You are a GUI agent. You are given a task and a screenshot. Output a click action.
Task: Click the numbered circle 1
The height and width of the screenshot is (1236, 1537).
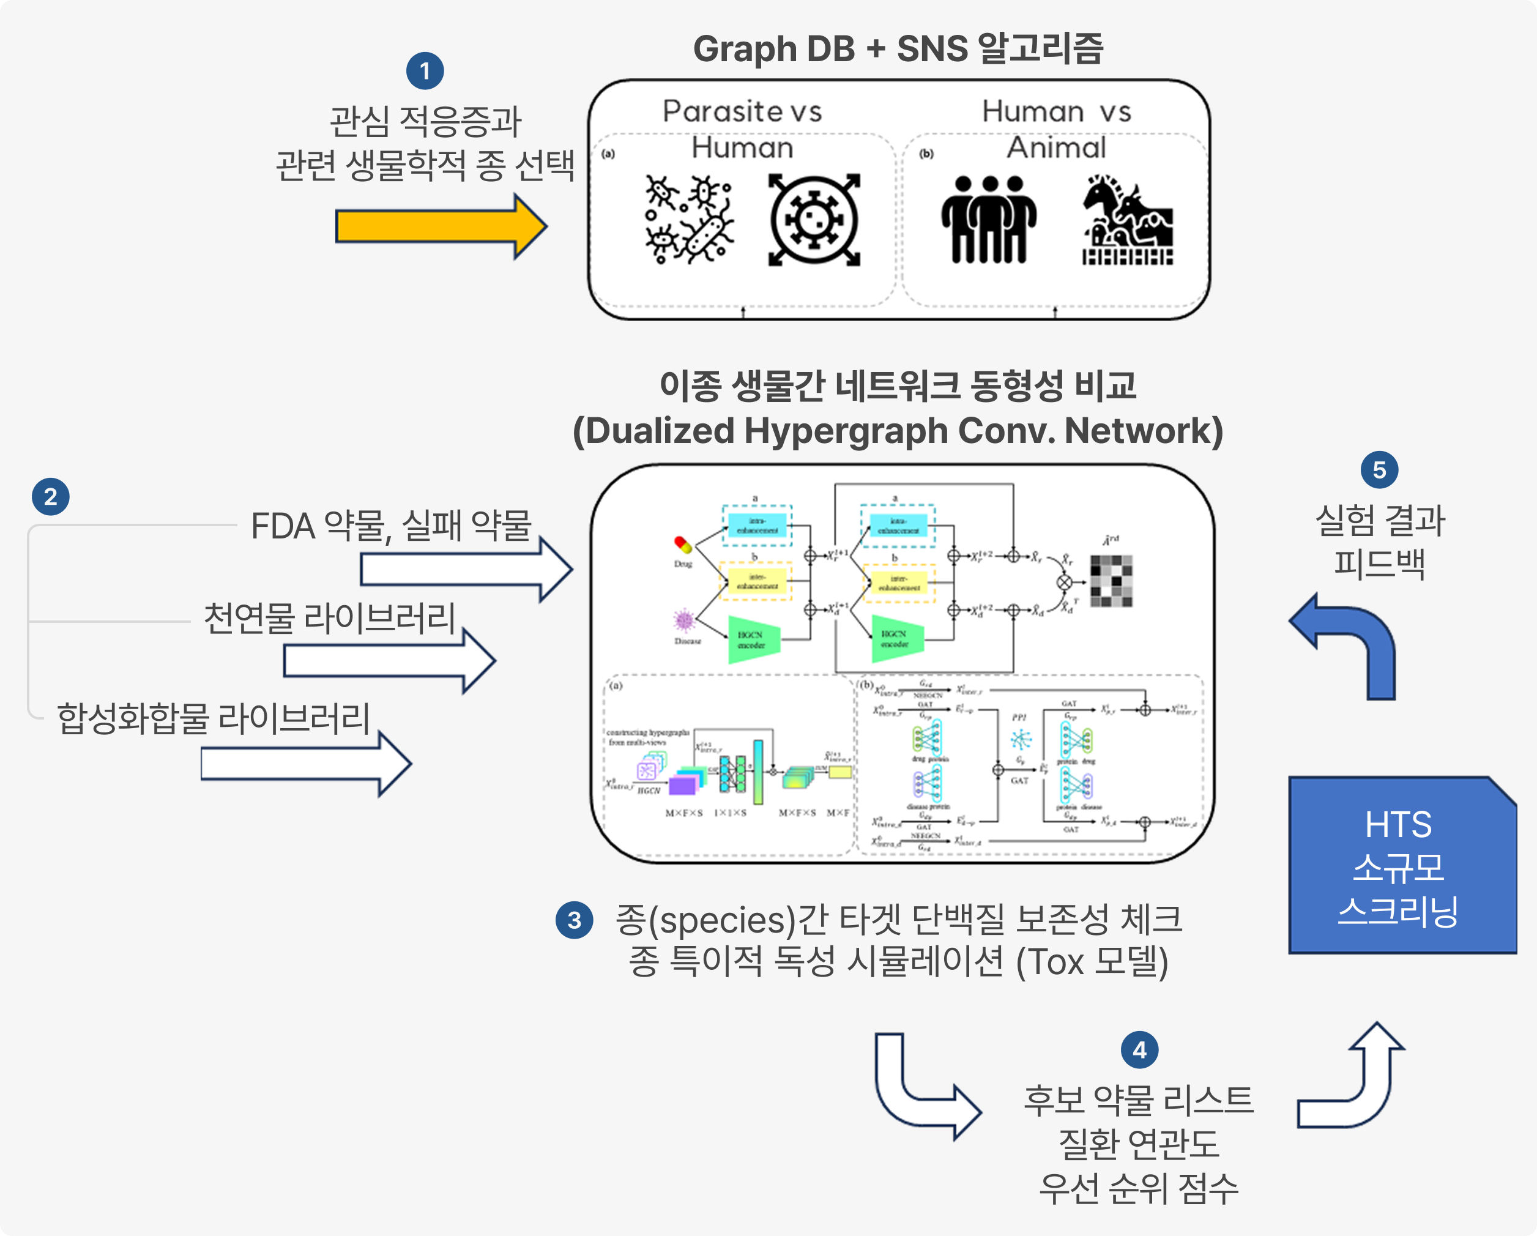[425, 71]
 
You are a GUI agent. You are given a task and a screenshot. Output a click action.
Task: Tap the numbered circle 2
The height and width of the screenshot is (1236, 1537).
[51, 497]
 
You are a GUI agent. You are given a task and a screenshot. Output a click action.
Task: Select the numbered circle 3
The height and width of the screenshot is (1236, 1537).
[575, 920]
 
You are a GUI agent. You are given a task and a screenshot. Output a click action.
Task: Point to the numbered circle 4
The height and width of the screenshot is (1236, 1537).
[1139, 1050]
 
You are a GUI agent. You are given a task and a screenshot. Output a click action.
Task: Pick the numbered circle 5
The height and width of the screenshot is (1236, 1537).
[1380, 470]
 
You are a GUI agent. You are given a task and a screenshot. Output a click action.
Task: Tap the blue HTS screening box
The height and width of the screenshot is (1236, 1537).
[1401, 866]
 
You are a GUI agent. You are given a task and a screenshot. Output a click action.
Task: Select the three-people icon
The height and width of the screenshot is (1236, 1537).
[989, 220]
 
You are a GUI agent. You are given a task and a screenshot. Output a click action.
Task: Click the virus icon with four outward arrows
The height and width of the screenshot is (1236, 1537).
[814, 220]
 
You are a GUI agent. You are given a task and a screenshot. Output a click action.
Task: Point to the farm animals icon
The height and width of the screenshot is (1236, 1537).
[1127, 220]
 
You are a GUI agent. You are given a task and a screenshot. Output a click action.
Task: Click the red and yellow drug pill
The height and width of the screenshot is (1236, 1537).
[683, 545]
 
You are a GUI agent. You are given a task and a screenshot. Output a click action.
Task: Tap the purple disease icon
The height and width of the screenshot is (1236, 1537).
[685, 620]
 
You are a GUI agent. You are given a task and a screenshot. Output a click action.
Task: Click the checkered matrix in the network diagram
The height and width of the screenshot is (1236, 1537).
[1111, 581]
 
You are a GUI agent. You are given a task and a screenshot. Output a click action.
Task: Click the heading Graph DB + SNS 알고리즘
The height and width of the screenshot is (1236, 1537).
[898, 48]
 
